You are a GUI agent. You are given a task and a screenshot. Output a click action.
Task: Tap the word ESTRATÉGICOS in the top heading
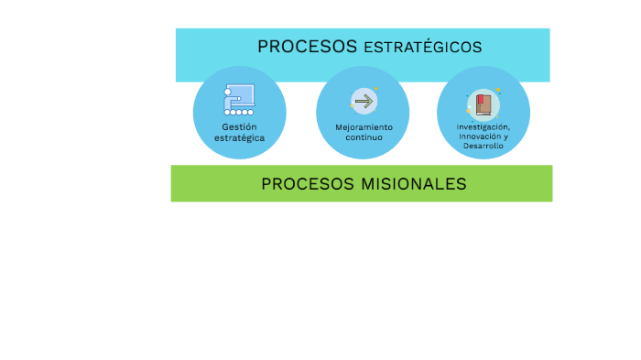[x=422, y=48]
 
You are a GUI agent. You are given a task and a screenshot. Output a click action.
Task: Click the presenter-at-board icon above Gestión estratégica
[x=239, y=99]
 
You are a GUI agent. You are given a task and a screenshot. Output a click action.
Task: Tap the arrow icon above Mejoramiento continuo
[x=364, y=101]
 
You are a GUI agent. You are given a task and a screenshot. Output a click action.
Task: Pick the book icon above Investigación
[x=483, y=103]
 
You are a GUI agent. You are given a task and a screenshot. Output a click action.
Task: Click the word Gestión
[x=239, y=126]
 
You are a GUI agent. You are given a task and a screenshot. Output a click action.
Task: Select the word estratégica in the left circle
[x=239, y=137]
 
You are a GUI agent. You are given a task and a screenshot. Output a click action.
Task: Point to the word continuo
[x=364, y=137]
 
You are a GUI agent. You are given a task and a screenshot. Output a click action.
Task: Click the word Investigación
[x=483, y=125]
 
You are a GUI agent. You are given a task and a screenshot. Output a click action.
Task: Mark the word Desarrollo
[x=483, y=146]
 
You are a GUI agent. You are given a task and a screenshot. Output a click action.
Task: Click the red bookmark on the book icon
[x=480, y=97]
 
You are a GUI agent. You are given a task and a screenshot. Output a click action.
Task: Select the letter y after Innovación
[x=505, y=136]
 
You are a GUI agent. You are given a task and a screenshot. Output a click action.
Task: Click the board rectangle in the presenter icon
[x=243, y=94]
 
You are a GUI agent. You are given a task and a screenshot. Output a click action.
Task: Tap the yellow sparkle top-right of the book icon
[x=497, y=90]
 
